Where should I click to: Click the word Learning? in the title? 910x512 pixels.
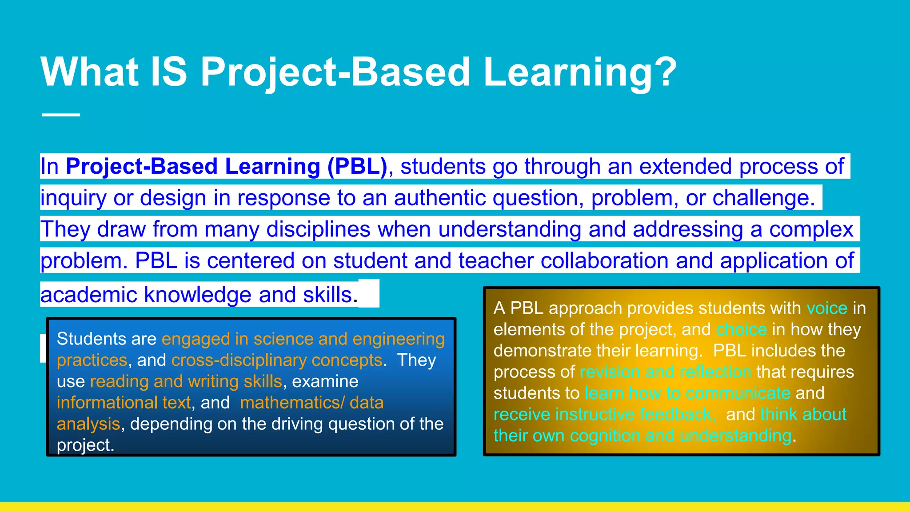point(579,72)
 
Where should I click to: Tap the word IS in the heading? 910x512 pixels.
point(169,72)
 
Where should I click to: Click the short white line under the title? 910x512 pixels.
point(61,115)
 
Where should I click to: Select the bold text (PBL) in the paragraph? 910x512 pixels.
point(357,166)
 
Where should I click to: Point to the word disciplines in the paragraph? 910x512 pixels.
point(318,229)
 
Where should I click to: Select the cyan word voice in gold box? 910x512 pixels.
point(827,308)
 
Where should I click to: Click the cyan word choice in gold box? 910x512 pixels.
point(741,329)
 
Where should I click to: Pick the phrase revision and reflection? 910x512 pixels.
point(665,372)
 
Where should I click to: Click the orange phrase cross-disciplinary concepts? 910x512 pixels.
point(276,360)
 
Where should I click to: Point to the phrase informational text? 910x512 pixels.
point(124,403)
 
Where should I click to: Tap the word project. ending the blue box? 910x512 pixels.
point(85,445)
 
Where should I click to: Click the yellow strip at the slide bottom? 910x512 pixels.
point(455,507)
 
